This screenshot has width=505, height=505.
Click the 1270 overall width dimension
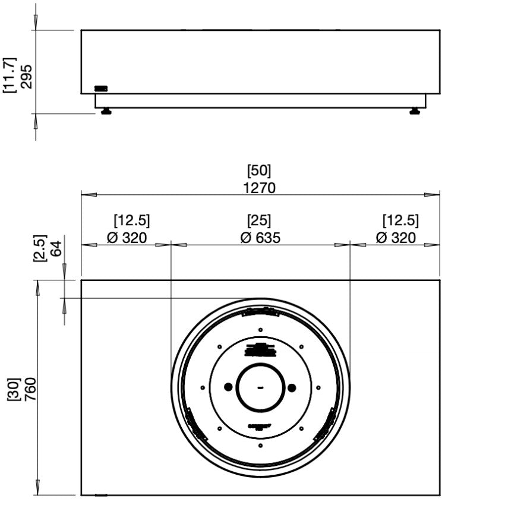coord(260,188)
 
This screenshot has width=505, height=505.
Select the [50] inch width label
coord(260,171)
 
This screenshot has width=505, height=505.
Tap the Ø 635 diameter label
coord(260,238)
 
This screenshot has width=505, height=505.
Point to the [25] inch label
coord(260,221)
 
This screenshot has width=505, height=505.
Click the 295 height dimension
coord(27,76)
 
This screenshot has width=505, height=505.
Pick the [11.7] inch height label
coord(10,76)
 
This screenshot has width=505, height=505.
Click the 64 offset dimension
coord(56,248)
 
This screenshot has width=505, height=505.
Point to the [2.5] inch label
coord(39,248)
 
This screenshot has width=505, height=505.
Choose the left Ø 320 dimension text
coord(127,238)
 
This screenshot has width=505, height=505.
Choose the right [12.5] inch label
coord(400,221)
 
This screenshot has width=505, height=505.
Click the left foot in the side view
coord(106,111)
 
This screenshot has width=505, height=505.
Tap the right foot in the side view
coord(415,111)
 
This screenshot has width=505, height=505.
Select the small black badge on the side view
coord(101,89)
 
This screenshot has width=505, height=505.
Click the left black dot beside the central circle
coord(229,387)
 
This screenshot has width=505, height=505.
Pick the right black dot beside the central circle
coord(292,387)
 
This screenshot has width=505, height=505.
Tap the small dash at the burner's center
coord(260,387)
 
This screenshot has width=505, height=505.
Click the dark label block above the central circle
coord(260,350)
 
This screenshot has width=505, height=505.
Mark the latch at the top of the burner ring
coord(260,312)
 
